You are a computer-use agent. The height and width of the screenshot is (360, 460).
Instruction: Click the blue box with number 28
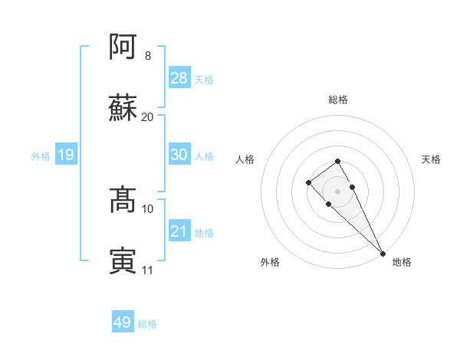point(179,78)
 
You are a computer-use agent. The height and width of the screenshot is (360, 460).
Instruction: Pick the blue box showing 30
point(179,155)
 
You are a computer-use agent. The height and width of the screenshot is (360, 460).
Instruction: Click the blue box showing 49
point(123,322)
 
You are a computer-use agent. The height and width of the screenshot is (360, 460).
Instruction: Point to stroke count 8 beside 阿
point(148,56)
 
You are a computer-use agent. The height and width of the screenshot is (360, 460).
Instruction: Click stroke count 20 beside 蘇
point(148,116)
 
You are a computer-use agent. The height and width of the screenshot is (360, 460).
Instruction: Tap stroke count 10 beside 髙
point(148,208)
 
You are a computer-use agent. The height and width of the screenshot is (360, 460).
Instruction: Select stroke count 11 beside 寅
point(148,270)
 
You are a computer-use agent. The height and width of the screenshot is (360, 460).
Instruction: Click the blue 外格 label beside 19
point(41,156)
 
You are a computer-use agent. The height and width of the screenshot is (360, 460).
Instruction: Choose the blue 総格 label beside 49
point(147,324)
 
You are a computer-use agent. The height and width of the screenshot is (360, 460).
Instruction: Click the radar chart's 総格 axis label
point(338,100)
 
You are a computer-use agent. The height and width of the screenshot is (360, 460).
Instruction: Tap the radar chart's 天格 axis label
point(431,159)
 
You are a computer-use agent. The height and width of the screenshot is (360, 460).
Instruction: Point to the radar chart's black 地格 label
point(402,262)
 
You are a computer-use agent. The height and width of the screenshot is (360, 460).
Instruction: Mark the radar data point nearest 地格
point(383,254)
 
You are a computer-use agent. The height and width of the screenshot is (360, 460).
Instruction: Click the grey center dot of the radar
point(338,191)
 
